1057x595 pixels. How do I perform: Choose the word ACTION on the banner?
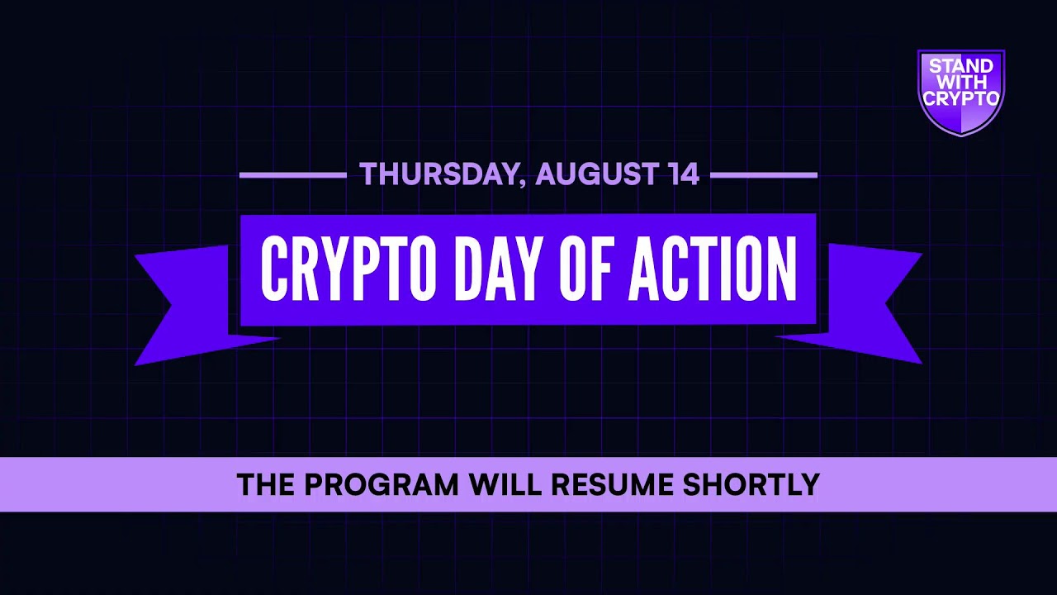coord(713,269)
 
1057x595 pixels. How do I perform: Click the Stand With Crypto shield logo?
coord(961,91)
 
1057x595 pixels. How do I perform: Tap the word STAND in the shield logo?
coord(961,67)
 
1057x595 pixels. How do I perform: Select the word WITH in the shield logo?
coord(961,83)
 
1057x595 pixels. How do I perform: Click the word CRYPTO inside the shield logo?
coord(961,98)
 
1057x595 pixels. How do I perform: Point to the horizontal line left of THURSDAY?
coord(292,175)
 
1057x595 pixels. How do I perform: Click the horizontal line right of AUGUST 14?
coord(763,175)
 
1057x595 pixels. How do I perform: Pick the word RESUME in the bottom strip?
coord(613,484)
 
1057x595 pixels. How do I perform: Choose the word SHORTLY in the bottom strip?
coord(751,484)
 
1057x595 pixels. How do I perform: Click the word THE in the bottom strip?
coord(265,484)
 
